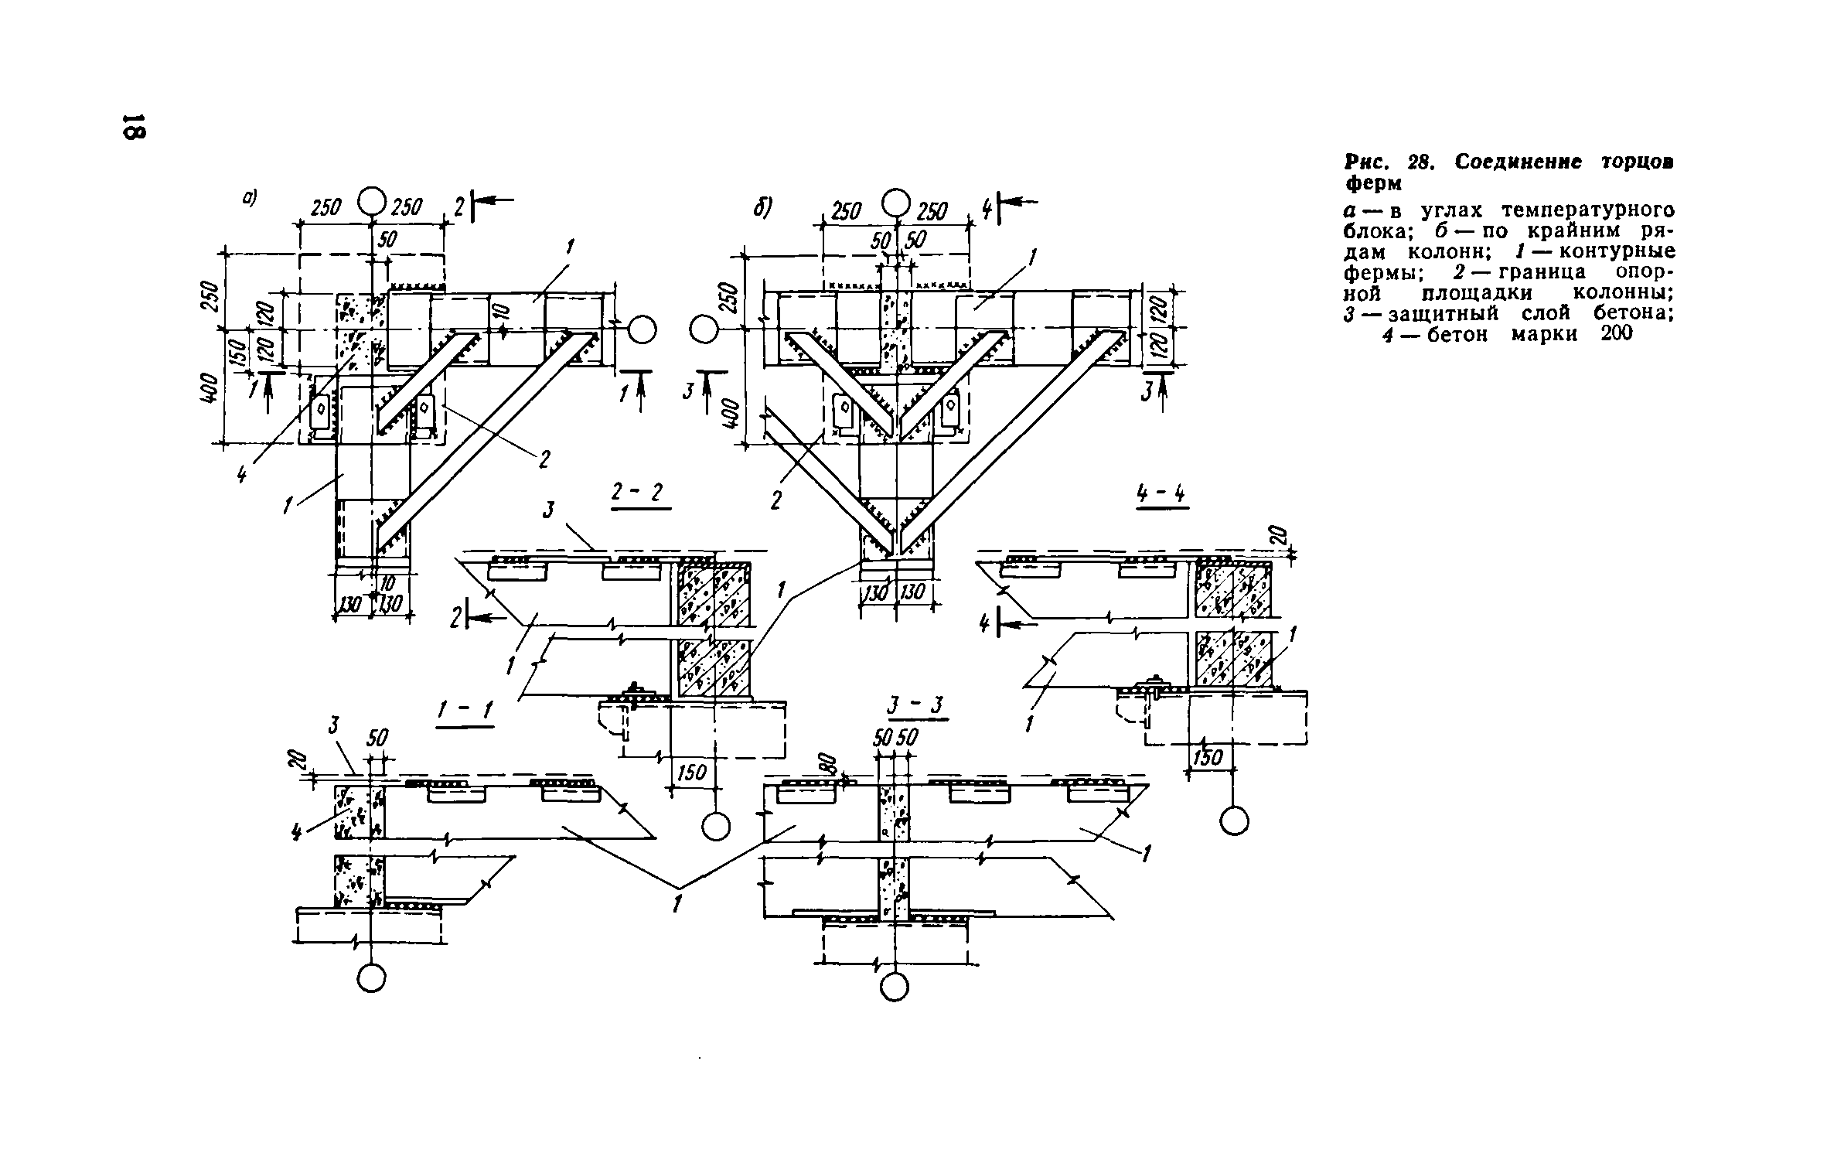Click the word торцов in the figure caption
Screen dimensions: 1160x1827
click(1616, 162)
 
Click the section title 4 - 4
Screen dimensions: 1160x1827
click(1161, 495)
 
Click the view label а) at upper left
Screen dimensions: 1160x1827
click(249, 199)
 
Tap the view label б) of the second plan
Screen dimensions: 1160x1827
click(764, 209)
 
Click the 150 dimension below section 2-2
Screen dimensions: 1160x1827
click(691, 773)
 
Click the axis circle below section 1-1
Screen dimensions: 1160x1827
click(371, 977)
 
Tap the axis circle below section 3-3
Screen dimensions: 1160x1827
click(895, 988)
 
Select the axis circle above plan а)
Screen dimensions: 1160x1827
click(371, 203)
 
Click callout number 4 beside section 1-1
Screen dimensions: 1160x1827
click(297, 832)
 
